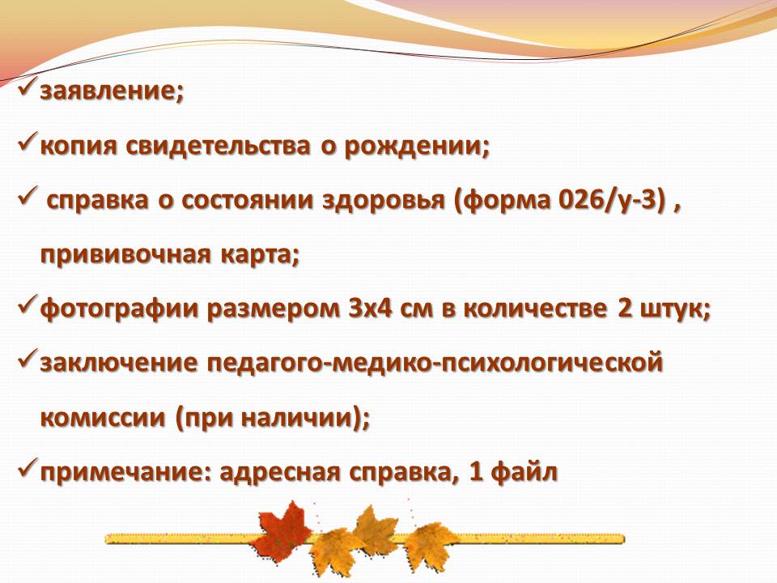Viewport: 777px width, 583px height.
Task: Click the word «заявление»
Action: coord(108,92)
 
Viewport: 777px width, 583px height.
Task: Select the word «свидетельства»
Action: coord(218,146)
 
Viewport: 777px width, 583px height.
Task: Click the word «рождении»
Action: coord(412,147)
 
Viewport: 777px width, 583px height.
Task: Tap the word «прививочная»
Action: coord(126,255)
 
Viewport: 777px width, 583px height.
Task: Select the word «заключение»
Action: coord(119,364)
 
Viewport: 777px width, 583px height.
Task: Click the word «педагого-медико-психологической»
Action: coord(435,364)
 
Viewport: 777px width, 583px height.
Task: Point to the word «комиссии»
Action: coord(102,418)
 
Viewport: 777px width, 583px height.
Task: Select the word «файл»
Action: coord(524,471)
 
